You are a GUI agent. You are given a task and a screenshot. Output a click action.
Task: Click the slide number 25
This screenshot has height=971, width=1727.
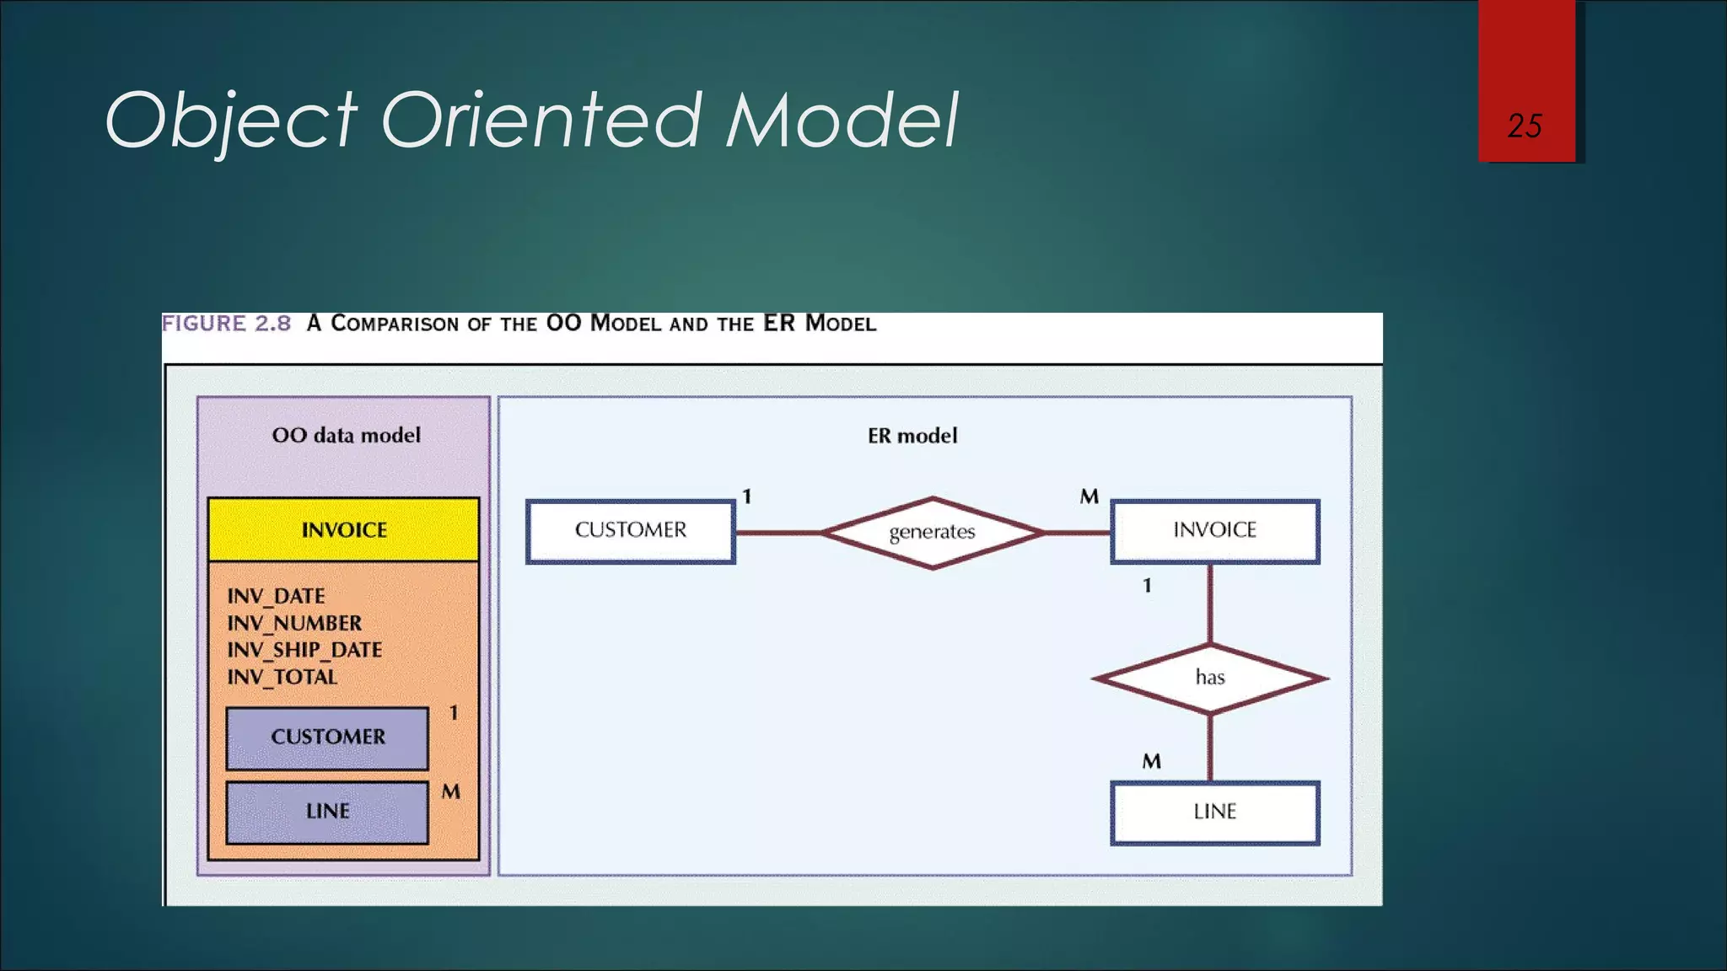click(x=1525, y=126)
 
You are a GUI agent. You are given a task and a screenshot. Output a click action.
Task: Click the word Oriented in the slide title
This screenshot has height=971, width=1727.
click(x=541, y=120)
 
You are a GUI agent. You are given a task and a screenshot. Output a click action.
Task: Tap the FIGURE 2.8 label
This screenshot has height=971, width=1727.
click(x=226, y=324)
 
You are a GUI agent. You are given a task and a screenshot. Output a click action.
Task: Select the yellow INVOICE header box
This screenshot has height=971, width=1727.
click(x=344, y=530)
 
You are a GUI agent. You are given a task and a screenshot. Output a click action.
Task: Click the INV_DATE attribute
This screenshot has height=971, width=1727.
click(x=276, y=596)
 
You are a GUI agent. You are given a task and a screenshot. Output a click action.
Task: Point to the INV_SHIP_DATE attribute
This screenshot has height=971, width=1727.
click(x=304, y=650)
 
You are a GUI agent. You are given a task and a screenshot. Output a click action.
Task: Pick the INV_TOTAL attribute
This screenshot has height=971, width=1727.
click(x=282, y=677)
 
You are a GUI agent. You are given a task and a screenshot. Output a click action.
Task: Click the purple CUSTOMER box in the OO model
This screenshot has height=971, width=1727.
click(x=327, y=738)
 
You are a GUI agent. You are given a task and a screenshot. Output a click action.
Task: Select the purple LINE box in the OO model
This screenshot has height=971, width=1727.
click(x=327, y=812)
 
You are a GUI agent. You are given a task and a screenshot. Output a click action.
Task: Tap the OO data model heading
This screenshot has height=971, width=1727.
click(x=346, y=436)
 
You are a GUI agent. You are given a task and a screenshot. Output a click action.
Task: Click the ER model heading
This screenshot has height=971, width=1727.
click(x=912, y=436)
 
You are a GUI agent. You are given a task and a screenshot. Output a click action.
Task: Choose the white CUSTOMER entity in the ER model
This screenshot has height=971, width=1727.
click(x=631, y=531)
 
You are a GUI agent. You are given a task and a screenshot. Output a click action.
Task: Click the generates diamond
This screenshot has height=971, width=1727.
click(x=932, y=533)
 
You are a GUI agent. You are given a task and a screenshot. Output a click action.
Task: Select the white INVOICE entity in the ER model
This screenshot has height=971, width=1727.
click(x=1214, y=531)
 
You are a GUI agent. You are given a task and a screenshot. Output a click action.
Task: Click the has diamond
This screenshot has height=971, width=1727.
click(x=1210, y=678)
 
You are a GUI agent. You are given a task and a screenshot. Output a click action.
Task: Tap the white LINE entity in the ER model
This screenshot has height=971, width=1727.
click(x=1214, y=813)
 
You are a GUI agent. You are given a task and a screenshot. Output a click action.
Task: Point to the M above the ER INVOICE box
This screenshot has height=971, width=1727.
click(x=1089, y=496)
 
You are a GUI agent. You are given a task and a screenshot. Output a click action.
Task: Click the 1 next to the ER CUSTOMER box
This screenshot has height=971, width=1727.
click(x=746, y=496)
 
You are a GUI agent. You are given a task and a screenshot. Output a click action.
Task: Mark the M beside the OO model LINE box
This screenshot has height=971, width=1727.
click(x=451, y=792)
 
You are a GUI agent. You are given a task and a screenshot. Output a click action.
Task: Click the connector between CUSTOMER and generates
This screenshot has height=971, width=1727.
click(x=777, y=533)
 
